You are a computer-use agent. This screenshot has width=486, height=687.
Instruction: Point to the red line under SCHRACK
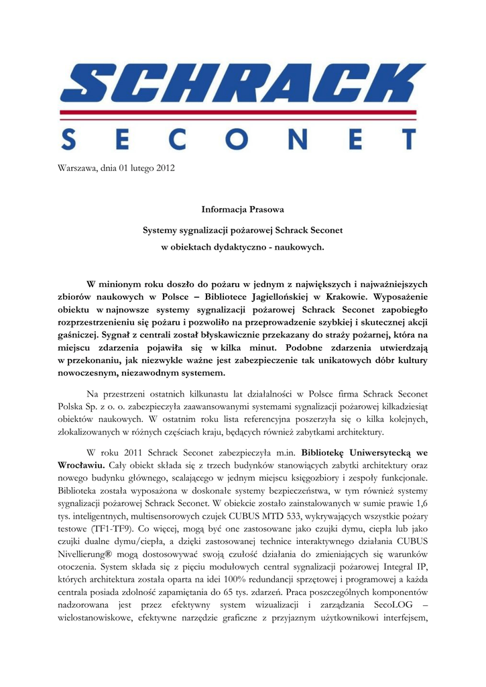click(x=243, y=112)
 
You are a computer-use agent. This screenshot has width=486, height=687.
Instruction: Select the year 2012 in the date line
click(x=165, y=168)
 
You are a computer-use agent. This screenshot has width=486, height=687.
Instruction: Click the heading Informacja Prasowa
click(x=242, y=211)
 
